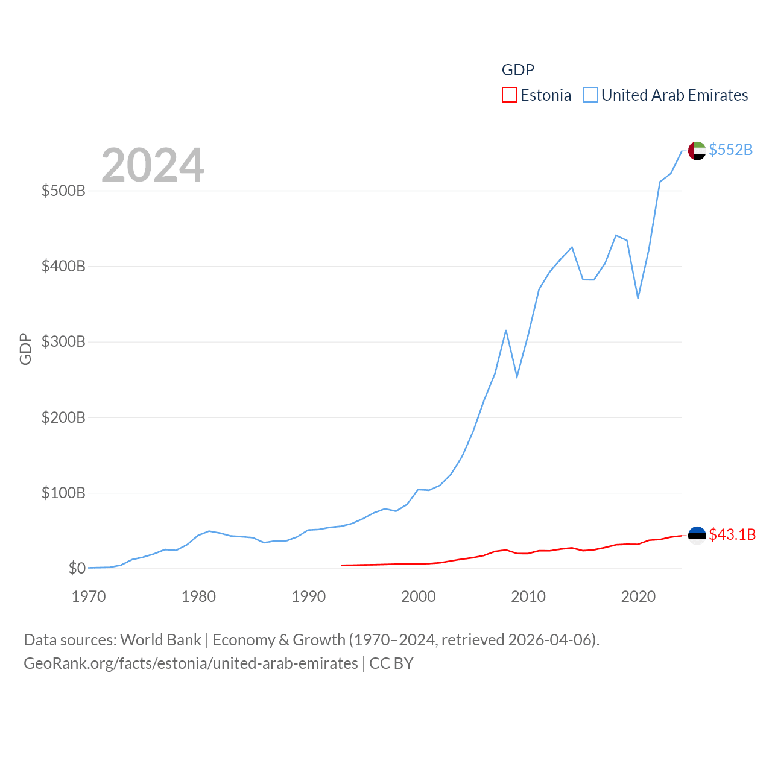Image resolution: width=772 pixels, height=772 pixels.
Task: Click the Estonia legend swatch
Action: point(510,95)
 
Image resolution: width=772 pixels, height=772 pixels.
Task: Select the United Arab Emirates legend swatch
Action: point(590,95)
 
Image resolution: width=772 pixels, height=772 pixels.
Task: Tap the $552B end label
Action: point(730,150)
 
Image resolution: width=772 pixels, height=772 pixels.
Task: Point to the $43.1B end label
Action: point(732,534)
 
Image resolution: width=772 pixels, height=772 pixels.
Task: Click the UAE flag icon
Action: point(697,150)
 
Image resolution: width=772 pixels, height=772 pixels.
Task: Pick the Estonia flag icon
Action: point(697,535)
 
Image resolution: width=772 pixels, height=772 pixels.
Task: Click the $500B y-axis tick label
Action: point(63,191)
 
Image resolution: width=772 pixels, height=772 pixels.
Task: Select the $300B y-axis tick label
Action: point(63,341)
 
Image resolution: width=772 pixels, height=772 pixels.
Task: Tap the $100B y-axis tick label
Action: point(63,493)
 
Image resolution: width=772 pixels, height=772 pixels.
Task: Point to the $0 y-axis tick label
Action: point(77,568)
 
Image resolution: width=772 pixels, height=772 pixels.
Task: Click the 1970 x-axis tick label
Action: point(89,596)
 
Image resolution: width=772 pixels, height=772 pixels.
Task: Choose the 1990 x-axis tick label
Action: point(308,596)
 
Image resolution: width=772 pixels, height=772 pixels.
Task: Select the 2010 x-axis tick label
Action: point(528,596)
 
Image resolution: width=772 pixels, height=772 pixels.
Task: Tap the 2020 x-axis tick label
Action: point(638,596)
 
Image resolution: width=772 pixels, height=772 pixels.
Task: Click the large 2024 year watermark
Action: point(153,165)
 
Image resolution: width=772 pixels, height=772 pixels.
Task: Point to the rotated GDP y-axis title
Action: point(25,349)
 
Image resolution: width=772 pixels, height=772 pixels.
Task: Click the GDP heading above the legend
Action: point(518,70)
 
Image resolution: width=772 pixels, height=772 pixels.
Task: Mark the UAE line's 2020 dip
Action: point(638,297)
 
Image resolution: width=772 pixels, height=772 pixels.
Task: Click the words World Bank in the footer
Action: point(160,639)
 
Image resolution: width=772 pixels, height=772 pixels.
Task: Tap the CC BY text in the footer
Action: point(391,663)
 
